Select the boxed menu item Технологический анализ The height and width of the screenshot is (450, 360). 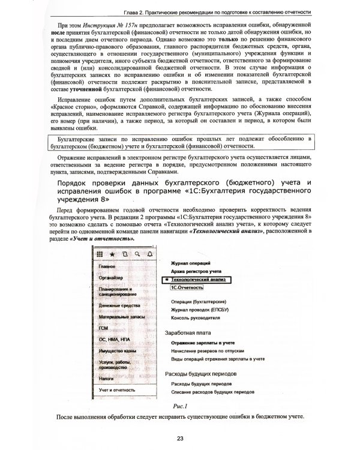coord(197,280)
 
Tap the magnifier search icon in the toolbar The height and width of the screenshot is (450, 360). coord(137,254)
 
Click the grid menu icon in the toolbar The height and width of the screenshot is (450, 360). coord(100,254)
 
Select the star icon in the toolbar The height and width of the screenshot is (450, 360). coord(112,254)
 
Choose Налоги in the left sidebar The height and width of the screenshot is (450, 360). coord(107,379)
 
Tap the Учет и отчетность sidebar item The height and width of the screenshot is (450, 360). coord(117,391)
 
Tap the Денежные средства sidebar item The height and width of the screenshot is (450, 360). coord(119,305)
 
